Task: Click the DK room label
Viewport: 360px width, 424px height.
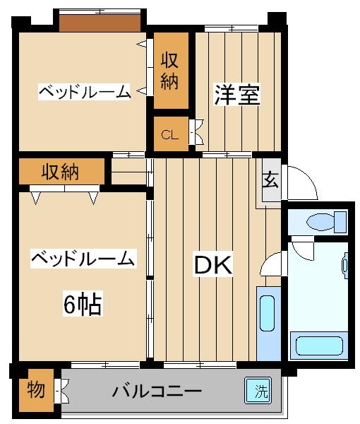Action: (x=212, y=265)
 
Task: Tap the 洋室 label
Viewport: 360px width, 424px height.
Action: (x=237, y=95)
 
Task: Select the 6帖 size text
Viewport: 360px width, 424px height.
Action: (x=83, y=303)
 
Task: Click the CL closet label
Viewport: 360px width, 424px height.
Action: (x=170, y=134)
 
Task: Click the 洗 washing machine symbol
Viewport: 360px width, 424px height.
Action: (x=258, y=390)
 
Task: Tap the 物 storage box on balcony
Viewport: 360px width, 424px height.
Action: (x=36, y=389)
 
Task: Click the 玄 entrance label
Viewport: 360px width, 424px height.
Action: (x=271, y=179)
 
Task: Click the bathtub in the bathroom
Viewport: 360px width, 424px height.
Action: (x=319, y=346)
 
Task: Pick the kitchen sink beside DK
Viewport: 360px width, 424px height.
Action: (x=267, y=313)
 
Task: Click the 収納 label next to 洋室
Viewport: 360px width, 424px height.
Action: (x=170, y=71)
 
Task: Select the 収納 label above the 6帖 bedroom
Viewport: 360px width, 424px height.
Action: (x=60, y=172)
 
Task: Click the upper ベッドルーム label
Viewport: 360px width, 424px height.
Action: (x=85, y=92)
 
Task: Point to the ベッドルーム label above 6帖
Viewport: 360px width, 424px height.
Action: (x=83, y=259)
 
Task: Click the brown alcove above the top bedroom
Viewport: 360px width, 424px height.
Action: (x=100, y=23)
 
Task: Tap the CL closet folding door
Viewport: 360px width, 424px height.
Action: (x=196, y=132)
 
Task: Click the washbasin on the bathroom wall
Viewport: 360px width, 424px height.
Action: (x=345, y=265)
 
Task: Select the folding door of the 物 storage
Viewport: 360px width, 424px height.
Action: (x=61, y=391)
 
